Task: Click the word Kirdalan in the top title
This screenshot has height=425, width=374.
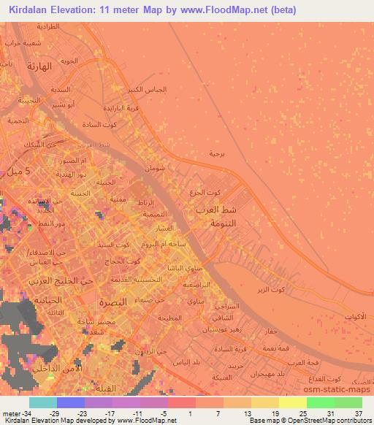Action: (30, 10)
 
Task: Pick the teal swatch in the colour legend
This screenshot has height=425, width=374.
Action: (43, 402)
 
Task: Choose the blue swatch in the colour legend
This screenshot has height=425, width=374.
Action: (71, 402)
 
